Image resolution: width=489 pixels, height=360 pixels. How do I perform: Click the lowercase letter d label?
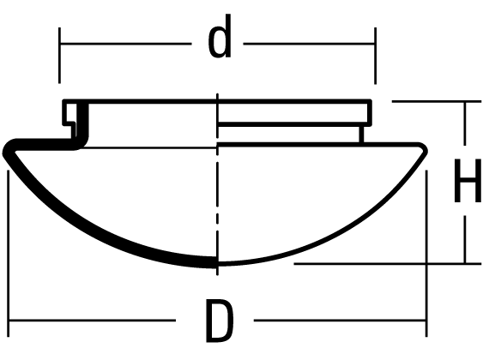point(220,37)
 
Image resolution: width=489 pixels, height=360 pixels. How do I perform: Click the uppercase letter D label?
point(220,321)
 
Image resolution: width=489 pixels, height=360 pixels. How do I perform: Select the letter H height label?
point(468,181)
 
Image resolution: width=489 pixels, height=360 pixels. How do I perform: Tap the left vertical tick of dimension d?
point(59,56)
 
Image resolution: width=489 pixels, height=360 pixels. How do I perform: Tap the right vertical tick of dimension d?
point(375,56)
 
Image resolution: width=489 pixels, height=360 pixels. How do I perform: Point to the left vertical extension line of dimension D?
point(8,254)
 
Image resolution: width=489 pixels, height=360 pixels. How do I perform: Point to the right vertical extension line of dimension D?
point(426,254)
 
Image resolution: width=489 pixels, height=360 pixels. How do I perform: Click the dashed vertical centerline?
point(217,184)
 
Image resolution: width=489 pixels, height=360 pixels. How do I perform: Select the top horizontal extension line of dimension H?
point(437,101)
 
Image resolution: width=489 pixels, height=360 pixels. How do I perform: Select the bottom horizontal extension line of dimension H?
point(388,264)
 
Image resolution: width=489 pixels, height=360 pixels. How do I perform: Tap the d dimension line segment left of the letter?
point(125,44)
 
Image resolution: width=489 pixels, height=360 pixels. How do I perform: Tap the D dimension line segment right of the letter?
point(340,320)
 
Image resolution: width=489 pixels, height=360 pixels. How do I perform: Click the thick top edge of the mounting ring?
point(217,101)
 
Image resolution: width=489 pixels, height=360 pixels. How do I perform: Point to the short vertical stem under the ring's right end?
point(361,135)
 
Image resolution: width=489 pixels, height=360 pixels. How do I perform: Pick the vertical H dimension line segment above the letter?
point(465,123)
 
